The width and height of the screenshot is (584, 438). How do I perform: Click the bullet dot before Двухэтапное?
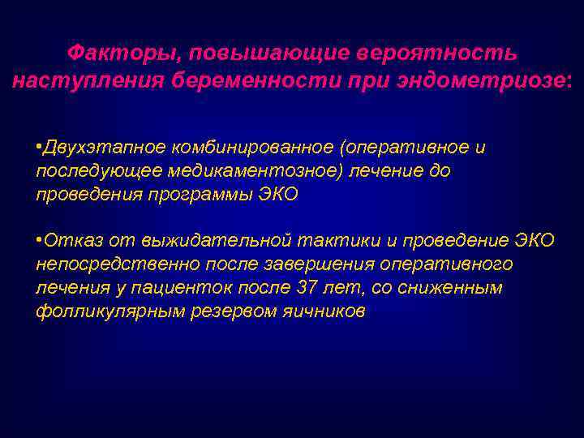(39, 146)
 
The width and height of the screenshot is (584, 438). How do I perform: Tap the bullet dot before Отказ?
(39, 239)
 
